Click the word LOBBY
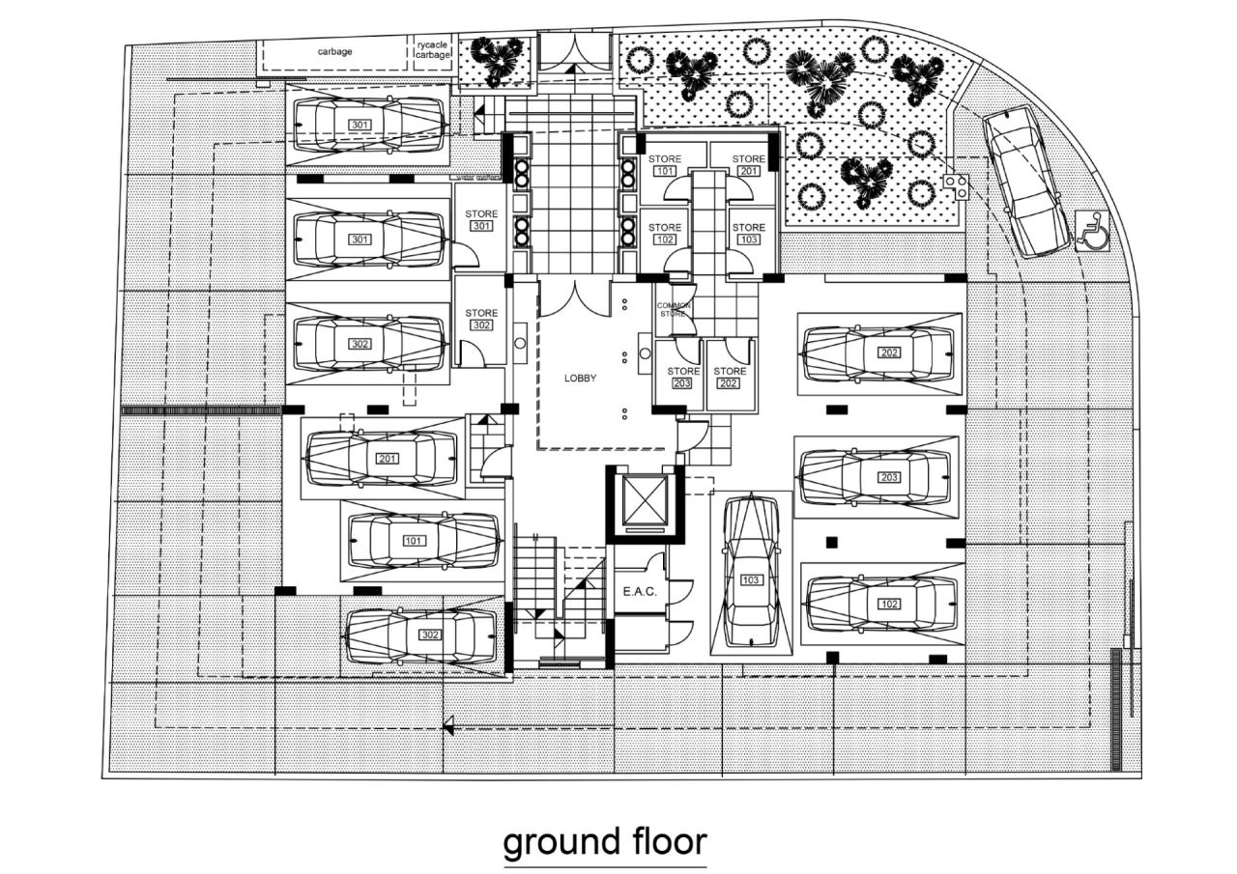pos(580,379)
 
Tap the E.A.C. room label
pos(639,591)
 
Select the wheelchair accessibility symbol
pos(1092,233)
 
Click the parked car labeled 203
pos(877,477)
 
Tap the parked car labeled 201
pos(381,458)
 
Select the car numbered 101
pos(423,540)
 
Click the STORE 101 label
pos(665,165)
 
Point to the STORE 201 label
pos(748,165)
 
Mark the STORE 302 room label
pos(481,320)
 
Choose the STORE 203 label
pos(683,377)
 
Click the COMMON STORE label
pos(675,310)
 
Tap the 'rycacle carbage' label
pos(433,50)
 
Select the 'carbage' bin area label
pos(334,51)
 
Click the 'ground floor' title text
pos(605,841)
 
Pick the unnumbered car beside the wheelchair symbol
pos(1025,181)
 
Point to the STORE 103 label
pos(748,234)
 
